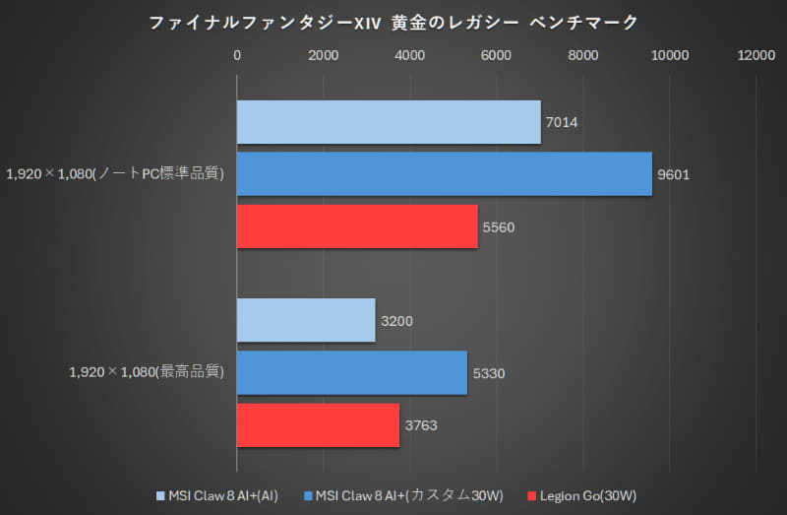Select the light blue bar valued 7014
389,122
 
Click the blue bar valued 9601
444,174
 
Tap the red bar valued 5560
357,226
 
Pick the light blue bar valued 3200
306,320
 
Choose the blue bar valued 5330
352,372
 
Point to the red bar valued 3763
318,425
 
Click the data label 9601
674,174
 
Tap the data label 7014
562,122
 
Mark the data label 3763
421,425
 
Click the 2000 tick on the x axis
324,57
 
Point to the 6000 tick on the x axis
497,57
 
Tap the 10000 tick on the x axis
670,57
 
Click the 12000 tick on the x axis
757,57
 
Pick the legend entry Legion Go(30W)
586,493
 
